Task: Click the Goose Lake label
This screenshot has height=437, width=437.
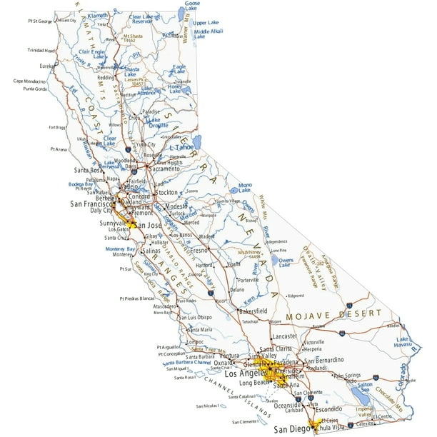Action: [x=192, y=5]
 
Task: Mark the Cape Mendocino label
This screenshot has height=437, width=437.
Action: [x=29, y=81]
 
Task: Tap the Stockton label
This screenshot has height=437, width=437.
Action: [x=164, y=193]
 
